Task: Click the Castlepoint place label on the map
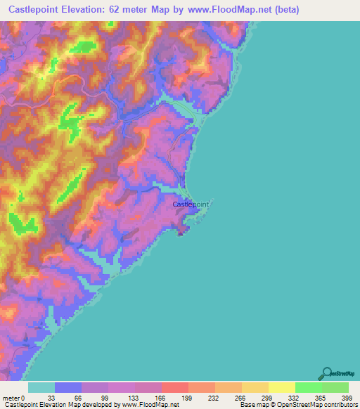pos(191,204)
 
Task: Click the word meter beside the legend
pos(11,397)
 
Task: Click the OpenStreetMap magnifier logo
pos(326,373)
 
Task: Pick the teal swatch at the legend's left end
pos(41,387)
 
